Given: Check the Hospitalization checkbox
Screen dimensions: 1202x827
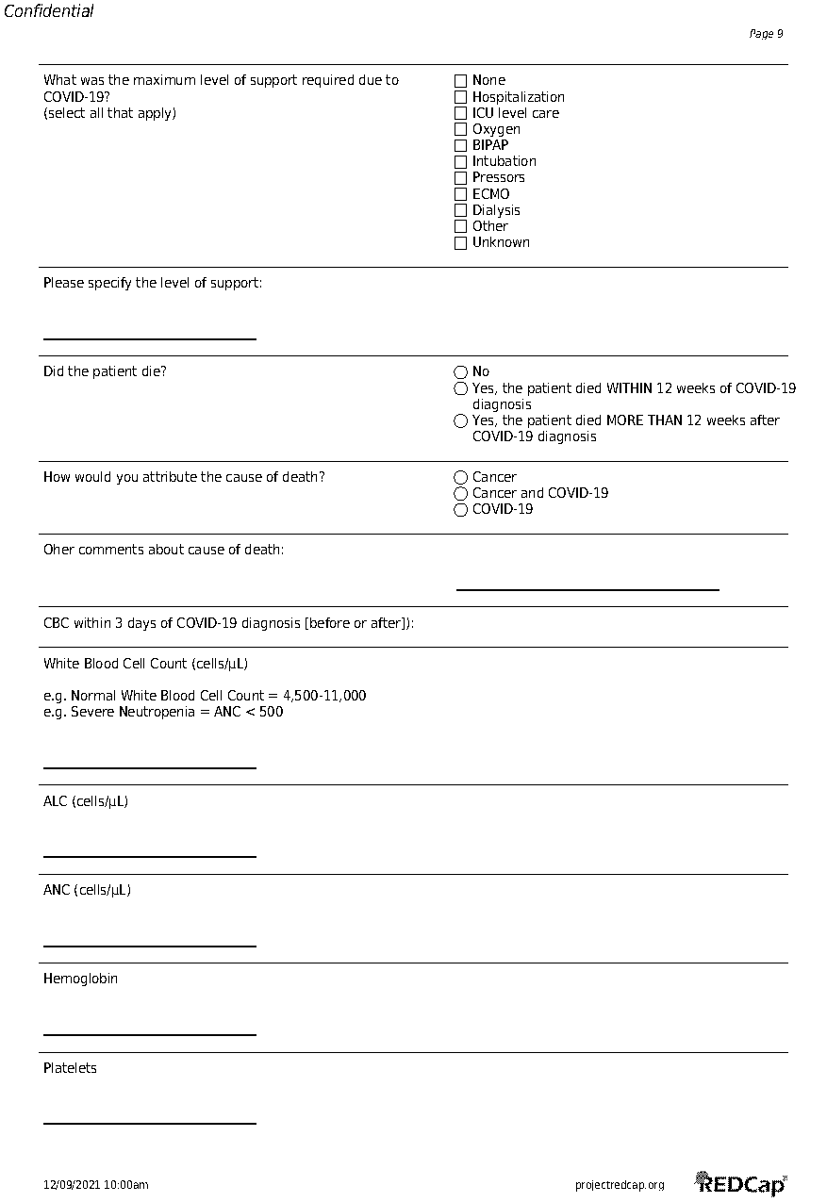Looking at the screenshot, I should coord(460,97).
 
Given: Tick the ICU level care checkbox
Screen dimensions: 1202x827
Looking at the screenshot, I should coord(460,113).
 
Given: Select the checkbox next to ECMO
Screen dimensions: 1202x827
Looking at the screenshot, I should coord(460,194).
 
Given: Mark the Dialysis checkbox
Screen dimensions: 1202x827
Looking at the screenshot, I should coord(460,210).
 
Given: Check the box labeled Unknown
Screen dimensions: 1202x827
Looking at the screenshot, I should coord(460,243).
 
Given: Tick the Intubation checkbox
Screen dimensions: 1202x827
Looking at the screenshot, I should coord(460,162).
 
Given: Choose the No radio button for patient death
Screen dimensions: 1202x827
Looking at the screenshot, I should coord(460,372).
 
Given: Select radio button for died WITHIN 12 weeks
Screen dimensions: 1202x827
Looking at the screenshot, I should coord(460,388).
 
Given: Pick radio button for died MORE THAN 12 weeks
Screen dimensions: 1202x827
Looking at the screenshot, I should coord(460,421).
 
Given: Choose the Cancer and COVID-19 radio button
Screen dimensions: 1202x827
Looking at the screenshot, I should coord(460,494).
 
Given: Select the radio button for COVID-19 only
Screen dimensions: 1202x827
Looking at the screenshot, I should coord(460,510).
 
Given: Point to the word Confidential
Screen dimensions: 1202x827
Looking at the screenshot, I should coord(49,12).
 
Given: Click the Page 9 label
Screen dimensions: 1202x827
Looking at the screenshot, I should coord(766,34).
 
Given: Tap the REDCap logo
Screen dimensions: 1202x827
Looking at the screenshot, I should coord(740,1183).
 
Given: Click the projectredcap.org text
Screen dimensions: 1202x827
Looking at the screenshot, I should coord(620,1185).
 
